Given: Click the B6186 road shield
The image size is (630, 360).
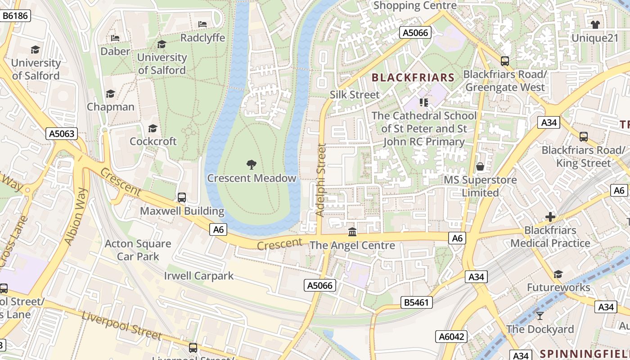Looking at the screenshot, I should (x=15, y=16).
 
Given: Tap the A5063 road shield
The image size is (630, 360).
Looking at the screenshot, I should (x=62, y=134).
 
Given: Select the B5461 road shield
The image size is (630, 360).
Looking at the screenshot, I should (x=416, y=302).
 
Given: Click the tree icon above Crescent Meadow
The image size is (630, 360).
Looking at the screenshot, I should (x=252, y=165).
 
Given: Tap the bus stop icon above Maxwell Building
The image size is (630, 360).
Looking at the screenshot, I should (x=182, y=197).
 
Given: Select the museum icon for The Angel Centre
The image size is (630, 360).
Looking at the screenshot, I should (x=352, y=232).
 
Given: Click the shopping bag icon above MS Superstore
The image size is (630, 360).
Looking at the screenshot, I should (x=480, y=166).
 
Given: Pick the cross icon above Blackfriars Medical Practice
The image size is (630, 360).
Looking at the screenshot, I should (x=550, y=217).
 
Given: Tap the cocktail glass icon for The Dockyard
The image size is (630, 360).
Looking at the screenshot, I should (x=540, y=316).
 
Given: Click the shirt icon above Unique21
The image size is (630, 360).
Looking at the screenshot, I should (x=595, y=24).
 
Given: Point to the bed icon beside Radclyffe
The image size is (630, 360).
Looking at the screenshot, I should (x=202, y=24).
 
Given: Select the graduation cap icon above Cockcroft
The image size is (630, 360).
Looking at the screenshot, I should (x=153, y=128).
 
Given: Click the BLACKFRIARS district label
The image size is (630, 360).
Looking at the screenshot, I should (x=413, y=77).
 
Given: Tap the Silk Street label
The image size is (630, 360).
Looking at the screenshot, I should (x=355, y=94).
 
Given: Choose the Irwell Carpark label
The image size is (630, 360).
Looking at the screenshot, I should (x=198, y=275).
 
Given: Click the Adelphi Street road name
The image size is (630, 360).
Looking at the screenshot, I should (x=320, y=179).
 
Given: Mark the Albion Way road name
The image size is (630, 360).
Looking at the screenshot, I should (x=75, y=216).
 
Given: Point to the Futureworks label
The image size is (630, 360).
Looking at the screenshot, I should (x=558, y=287).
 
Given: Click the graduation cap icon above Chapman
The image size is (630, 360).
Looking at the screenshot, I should (x=110, y=94).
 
